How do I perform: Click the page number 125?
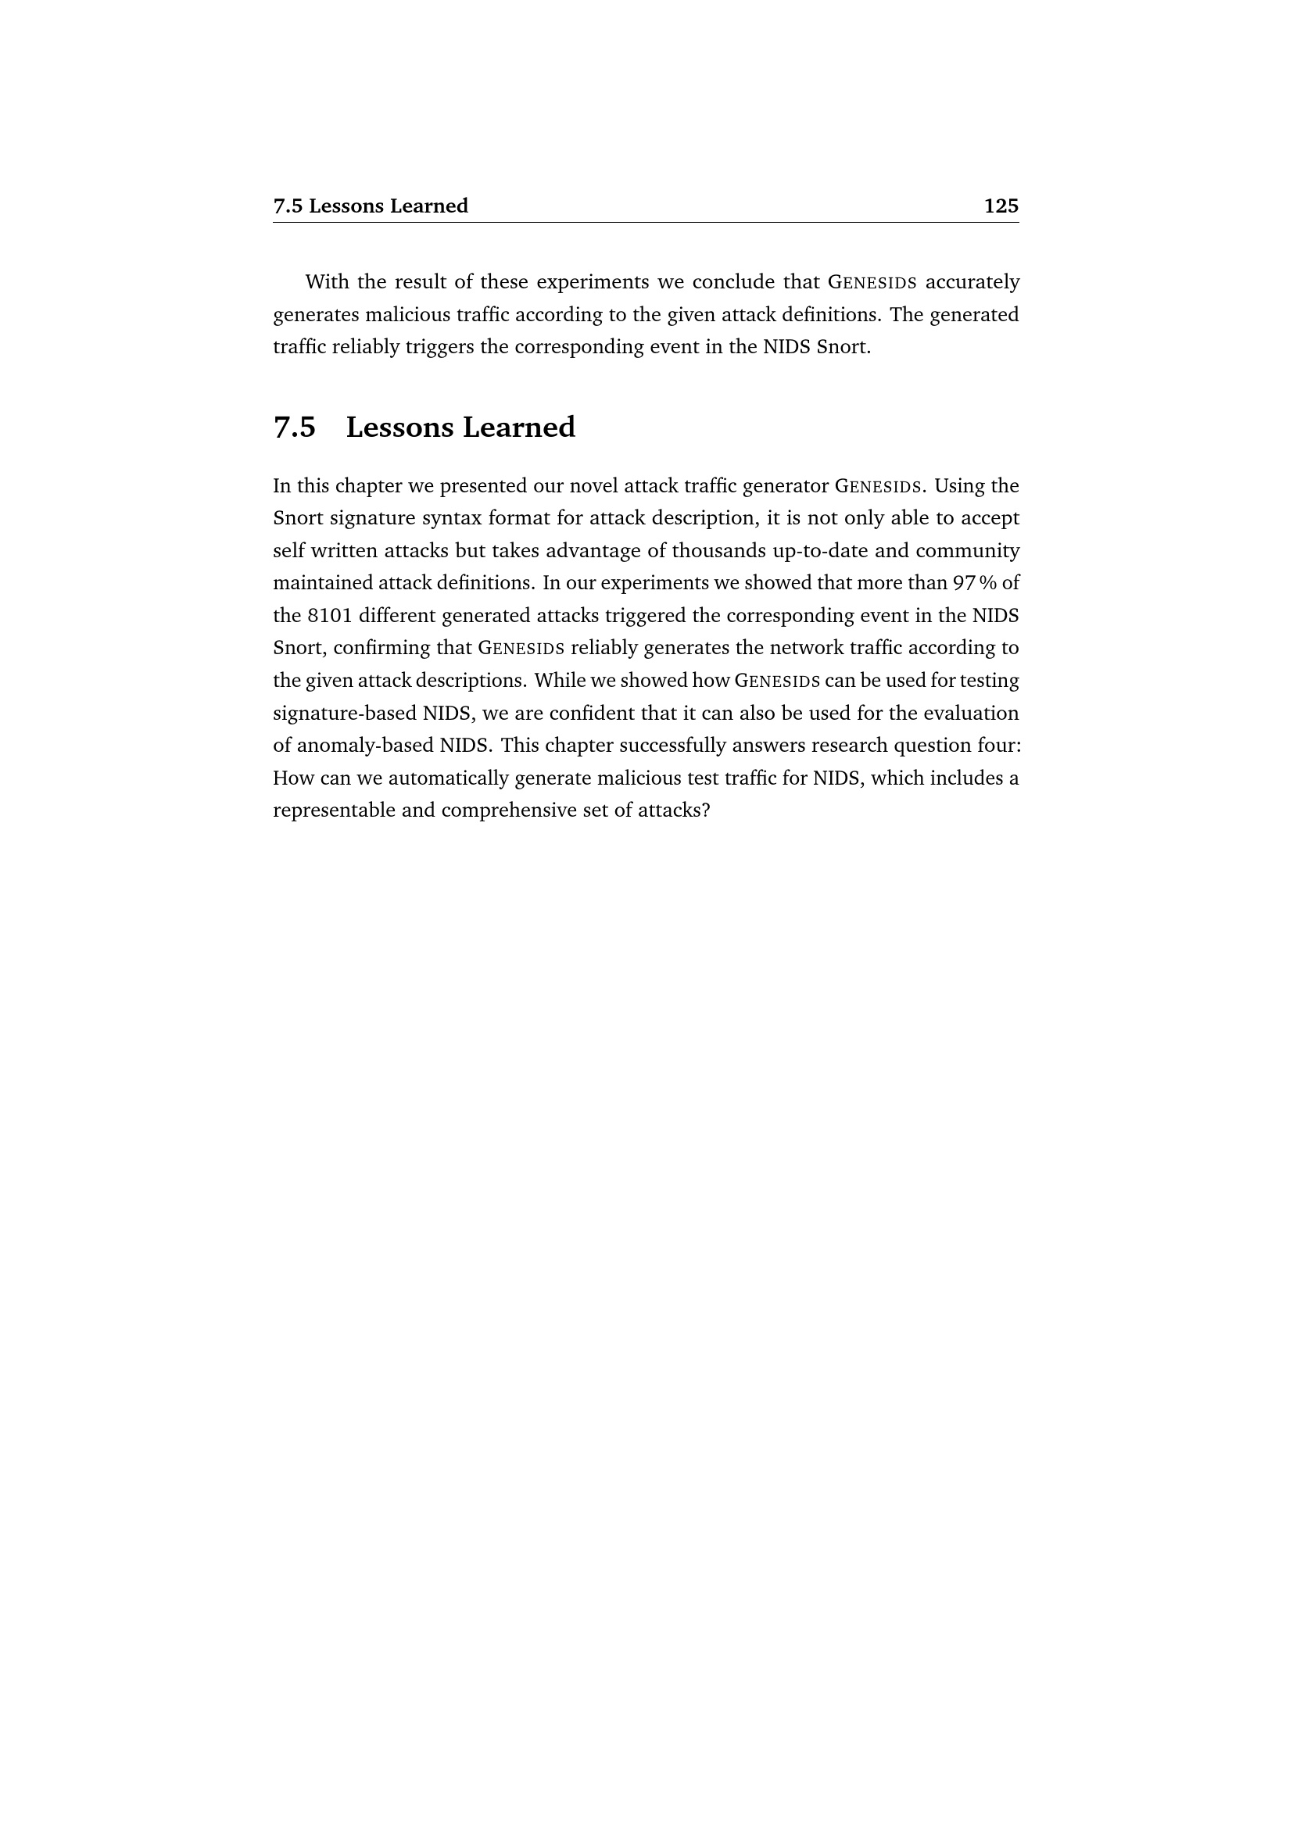pos(1001,206)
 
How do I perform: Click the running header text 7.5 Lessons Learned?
pos(371,206)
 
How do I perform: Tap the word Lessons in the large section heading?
pos(399,427)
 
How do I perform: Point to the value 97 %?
pos(975,583)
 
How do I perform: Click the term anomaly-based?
pos(364,746)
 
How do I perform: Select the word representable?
pos(334,810)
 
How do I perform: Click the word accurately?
pos(972,282)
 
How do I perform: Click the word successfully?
pos(671,746)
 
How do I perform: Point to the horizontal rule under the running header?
pos(646,223)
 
